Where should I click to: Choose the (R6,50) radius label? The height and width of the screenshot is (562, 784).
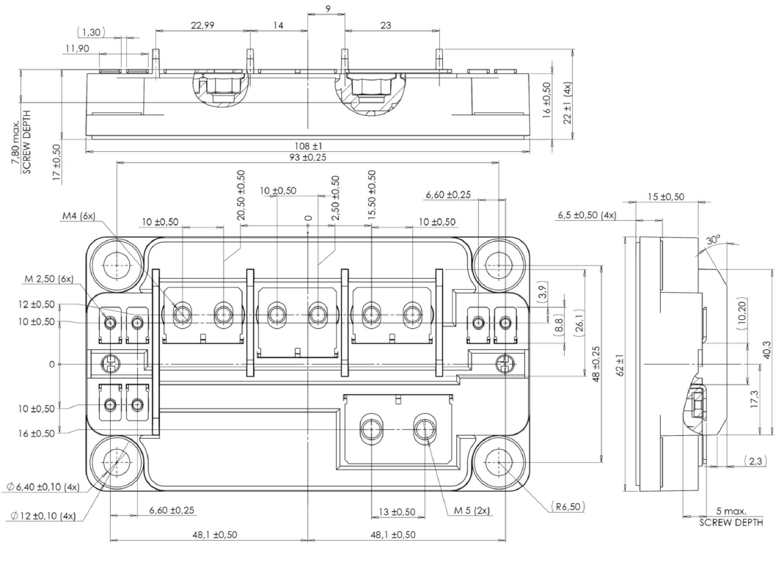(x=566, y=507)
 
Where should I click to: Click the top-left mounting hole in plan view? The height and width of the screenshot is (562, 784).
(x=116, y=265)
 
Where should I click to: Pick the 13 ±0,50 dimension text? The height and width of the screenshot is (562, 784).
(x=397, y=511)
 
